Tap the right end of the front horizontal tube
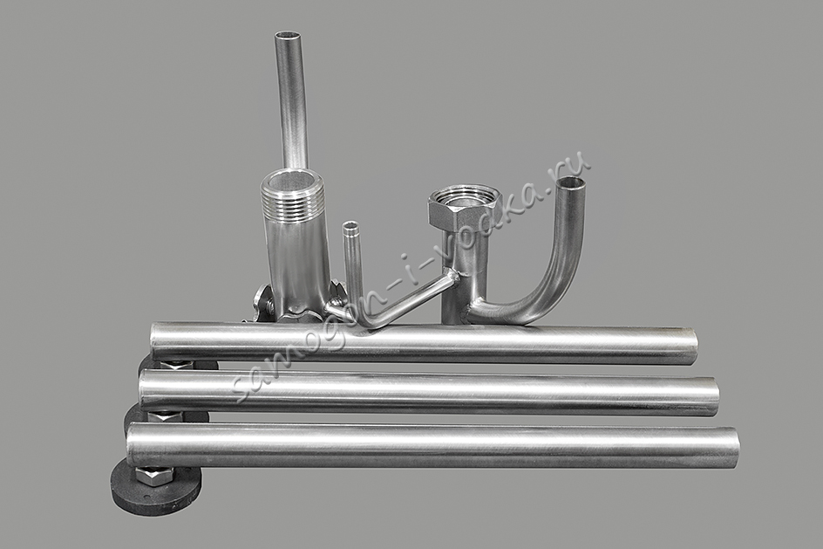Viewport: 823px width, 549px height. point(734,448)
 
